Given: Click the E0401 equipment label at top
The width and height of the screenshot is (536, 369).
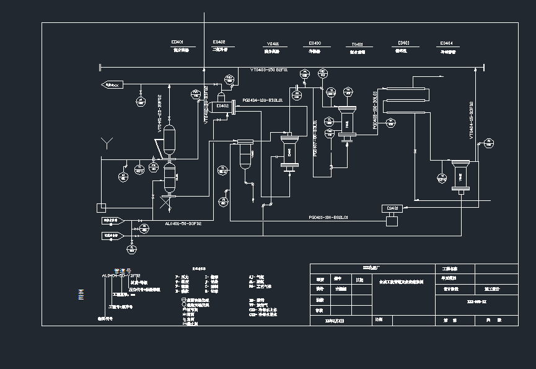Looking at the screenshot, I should pyautogui.click(x=177, y=42).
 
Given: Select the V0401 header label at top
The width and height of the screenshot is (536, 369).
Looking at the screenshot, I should pyautogui.click(x=273, y=44).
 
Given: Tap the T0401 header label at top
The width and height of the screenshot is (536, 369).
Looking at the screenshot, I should pyautogui.click(x=357, y=45).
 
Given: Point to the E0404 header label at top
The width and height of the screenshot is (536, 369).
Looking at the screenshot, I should pyautogui.click(x=447, y=43).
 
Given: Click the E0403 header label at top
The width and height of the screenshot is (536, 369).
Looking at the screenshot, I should pyautogui.click(x=315, y=43).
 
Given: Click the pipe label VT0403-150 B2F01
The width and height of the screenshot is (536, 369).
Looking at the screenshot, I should pyautogui.click(x=269, y=70).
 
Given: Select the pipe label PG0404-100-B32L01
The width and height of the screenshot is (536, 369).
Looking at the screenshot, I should pyautogui.click(x=263, y=99).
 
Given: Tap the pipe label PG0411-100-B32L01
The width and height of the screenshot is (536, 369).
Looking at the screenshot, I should pyautogui.click(x=328, y=218).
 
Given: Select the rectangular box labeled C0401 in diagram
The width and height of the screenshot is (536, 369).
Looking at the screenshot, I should pyautogui.click(x=393, y=208).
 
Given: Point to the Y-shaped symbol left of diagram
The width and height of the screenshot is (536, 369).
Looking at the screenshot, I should pyautogui.click(x=107, y=144).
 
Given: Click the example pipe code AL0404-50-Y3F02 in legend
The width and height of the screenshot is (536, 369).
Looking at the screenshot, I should pyautogui.click(x=121, y=275).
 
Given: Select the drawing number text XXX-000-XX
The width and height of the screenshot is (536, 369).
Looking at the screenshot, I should pyautogui.click(x=476, y=301).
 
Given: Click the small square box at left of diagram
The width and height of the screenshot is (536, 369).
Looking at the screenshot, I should pyautogui.click(x=102, y=207).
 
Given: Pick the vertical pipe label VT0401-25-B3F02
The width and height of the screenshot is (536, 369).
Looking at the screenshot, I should pyautogui.click(x=159, y=113).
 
